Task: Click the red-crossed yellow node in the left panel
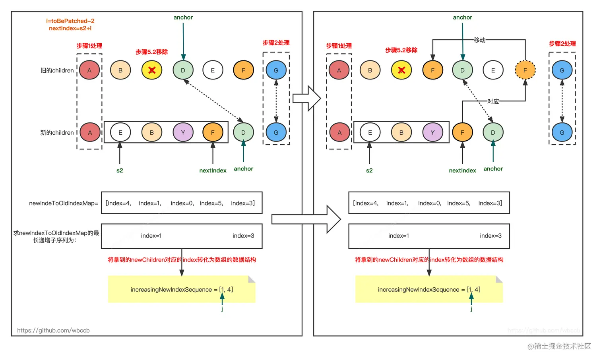[152, 70]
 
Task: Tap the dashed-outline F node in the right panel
[525, 70]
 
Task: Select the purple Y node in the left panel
[183, 132]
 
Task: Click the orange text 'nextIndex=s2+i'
[70, 28]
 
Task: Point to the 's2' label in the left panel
[120, 170]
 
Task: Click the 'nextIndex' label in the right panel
[462, 170]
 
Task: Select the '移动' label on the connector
[480, 40]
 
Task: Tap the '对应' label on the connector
[493, 101]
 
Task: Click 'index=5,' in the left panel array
[211, 203]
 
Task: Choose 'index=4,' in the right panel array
[366, 203]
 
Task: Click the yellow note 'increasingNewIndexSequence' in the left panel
[182, 289]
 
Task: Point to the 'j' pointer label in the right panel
[471, 309]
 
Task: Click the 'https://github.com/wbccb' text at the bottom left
[53, 330]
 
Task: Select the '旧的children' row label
[57, 70]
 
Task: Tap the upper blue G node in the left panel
[276, 70]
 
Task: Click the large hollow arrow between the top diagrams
[306, 98]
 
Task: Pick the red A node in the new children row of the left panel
[90, 132]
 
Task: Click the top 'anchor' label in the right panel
[463, 17]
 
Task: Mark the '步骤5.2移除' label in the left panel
[151, 52]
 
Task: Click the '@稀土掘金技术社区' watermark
[559, 346]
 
